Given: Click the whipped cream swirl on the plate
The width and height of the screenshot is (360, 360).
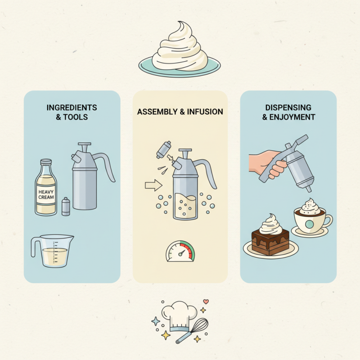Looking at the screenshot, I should [x=179, y=47].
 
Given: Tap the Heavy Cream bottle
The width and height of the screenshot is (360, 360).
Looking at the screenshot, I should [x=46, y=189].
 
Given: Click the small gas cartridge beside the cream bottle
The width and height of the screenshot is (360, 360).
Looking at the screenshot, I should [x=66, y=207].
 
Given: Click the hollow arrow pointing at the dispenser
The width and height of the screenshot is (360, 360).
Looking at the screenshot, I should [x=153, y=184].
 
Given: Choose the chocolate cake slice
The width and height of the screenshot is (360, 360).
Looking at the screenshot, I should [x=270, y=241].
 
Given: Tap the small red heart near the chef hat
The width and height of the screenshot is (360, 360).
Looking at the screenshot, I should [x=206, y=301].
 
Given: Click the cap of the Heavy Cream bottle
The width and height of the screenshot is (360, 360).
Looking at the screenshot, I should [x=46, y=162].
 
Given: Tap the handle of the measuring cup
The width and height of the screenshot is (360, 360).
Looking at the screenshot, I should [x=35, y=247].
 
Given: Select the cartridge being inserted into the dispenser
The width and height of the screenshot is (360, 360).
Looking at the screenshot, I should [x=162, y=149].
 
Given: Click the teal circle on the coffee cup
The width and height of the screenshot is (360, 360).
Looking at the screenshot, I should [x=310, y=224].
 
